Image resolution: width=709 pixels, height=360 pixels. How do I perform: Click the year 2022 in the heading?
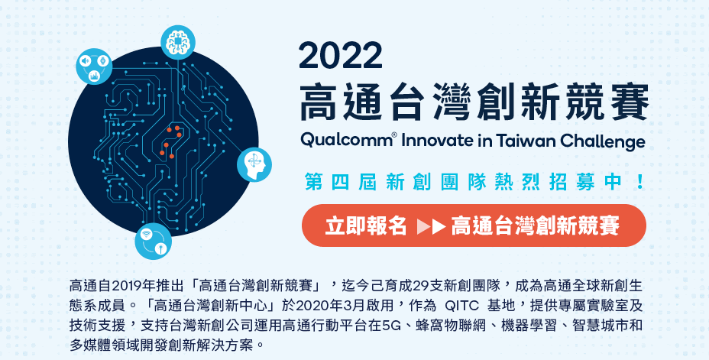coord(340,56)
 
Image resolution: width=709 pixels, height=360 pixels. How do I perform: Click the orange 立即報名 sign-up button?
coord(474,225)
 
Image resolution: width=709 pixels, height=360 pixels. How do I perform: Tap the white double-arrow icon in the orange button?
coord(432,225)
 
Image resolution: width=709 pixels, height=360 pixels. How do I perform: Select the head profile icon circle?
coord(254,164)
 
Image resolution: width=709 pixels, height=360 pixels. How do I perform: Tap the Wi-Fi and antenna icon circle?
coord(154,242)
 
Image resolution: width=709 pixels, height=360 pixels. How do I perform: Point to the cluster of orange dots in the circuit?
coord(171,142)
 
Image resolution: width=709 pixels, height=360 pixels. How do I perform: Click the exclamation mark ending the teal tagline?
coord(639,182)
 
